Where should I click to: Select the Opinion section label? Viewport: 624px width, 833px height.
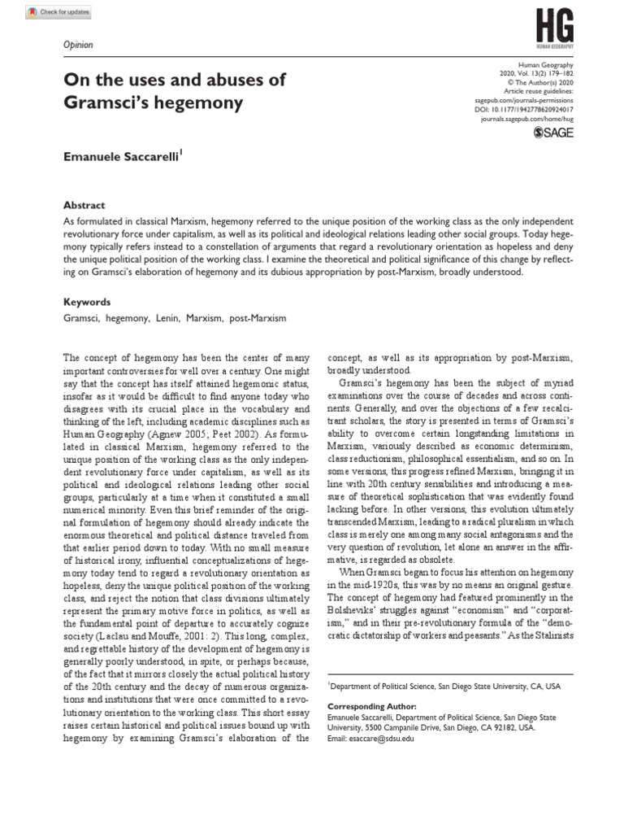78,46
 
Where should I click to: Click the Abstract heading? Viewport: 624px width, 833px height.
84,206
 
